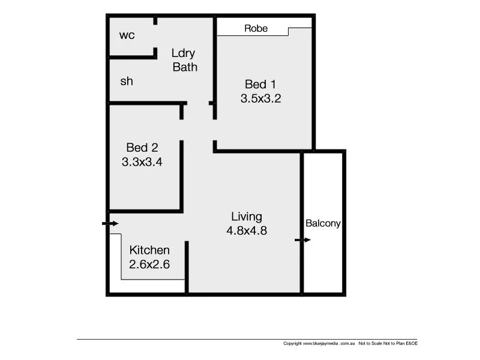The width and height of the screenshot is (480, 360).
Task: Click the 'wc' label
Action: (127, 35)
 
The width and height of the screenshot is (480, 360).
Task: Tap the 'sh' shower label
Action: (127, 82)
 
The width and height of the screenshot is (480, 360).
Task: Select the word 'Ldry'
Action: (183, 53)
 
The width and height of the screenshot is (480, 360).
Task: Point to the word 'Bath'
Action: (185, 67)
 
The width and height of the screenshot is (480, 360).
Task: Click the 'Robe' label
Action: (256, 28)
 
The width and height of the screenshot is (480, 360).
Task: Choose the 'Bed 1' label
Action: (260, 84)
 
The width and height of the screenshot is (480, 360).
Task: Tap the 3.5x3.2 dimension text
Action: (260, 98)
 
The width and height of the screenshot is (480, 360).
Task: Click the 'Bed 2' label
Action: (142, 147)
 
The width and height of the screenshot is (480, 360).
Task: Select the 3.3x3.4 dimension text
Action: (142, 161)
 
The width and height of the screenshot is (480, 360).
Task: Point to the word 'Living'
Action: (247, 217)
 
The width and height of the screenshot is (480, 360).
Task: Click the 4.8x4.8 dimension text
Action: (247, 231)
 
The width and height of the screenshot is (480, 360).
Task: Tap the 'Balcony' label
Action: (323, 223)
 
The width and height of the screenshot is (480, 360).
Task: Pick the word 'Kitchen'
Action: (149, 250)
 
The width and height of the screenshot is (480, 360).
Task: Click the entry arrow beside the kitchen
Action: (110, 224)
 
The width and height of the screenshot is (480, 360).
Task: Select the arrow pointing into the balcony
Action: (303, 240)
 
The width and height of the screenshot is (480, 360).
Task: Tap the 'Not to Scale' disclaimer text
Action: (373, 344)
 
